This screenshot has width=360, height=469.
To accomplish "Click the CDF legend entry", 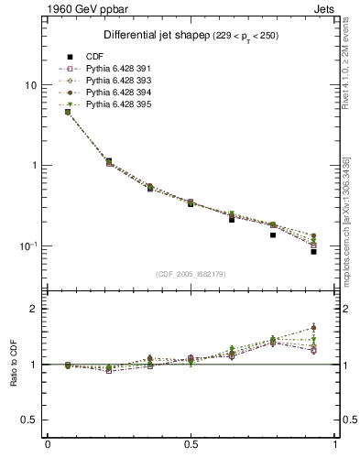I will point(95,56).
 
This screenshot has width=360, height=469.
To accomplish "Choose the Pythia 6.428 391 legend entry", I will point(114,69).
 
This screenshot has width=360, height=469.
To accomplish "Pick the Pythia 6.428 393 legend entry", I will point(114,81).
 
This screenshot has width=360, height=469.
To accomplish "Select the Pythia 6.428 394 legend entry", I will point(114,93).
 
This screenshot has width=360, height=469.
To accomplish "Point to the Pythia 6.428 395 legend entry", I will point(114,105).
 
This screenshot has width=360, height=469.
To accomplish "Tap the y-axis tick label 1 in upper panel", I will point(33,166).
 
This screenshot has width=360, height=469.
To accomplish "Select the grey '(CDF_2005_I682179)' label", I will point(191,273).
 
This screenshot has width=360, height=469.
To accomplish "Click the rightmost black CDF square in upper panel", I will point(313,251).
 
